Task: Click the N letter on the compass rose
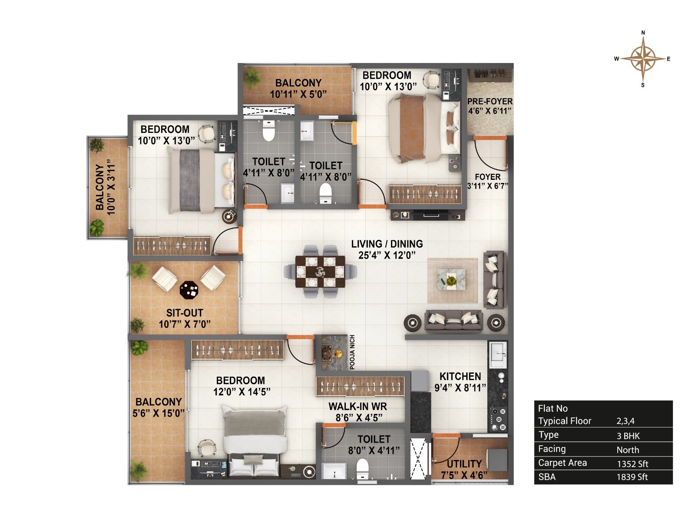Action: click(x=643, y=33)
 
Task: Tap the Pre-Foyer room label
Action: click(x=490, y=102)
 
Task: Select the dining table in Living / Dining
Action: click(x=320, y=272)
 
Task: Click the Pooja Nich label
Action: click(x=352, y=352)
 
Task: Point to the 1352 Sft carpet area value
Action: click(x=632, y=464)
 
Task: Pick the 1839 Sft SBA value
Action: click(x=632, y=477)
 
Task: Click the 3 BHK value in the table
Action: click(x=628, y=436)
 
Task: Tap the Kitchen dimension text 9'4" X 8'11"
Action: click(x=460, y=387)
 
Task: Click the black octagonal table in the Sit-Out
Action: click(x=189, y=290)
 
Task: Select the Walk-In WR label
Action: click(x=358, y=406)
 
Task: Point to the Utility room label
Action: click(x=464, y=464)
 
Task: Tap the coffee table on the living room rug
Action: click(x=451, y=279)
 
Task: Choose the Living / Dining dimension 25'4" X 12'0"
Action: click(x=387, y=255)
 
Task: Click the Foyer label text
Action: click(x=487, y=177)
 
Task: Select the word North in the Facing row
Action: click(x=628, y=450)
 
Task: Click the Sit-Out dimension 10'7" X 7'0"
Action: click(x=185, y=324)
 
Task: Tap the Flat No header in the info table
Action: click(x=553, y=408)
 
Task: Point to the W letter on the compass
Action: click(x=616, y=59)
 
